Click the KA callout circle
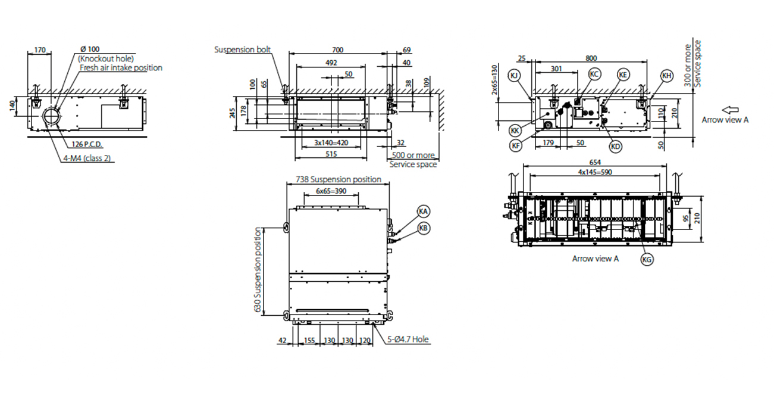(424, 212)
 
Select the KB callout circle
(424, 228)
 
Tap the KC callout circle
(594, 74)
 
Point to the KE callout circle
(623, 74)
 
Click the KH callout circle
(667, 75)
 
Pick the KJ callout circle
(515, 75)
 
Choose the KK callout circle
(515, 129)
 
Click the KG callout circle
(647, 259)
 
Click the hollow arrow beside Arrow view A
(730, 110)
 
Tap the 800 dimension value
(591, 58)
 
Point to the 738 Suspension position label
(339, 179)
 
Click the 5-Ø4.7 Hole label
(409, 340)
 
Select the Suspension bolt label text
(243, 49)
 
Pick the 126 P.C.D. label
(87, 144)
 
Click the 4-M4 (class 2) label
(88, 158)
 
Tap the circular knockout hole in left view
(52, 115)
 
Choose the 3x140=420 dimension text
(331, 143)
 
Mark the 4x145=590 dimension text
(596, 172)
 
